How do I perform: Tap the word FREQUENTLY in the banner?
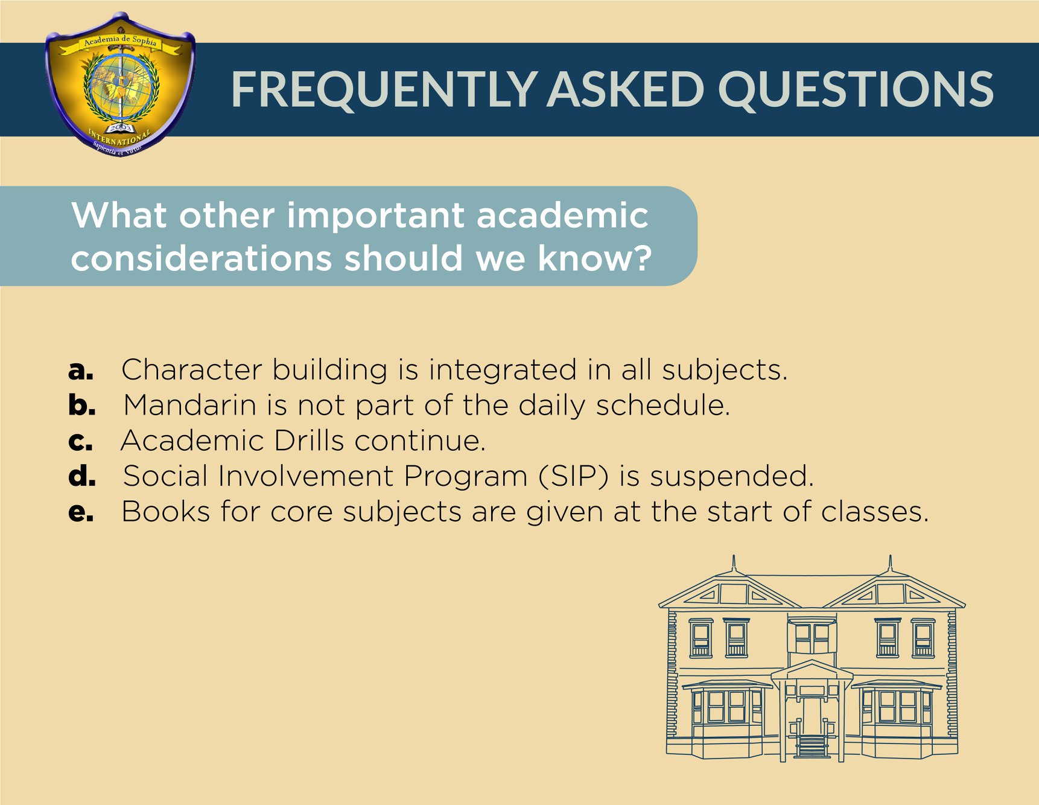(x=384, y=89)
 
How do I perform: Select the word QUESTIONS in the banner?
(x=856, y=89)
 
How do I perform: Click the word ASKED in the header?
(x=626, y=89)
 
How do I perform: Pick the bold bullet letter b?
(x=82, y=404)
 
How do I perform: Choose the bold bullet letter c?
(x=81, y=441)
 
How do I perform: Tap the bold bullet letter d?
(x=82, y=476)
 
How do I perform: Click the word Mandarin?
(x=190, y=404)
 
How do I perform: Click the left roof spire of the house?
(x=734, y=562)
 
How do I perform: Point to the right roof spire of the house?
(x=890, y=562)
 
